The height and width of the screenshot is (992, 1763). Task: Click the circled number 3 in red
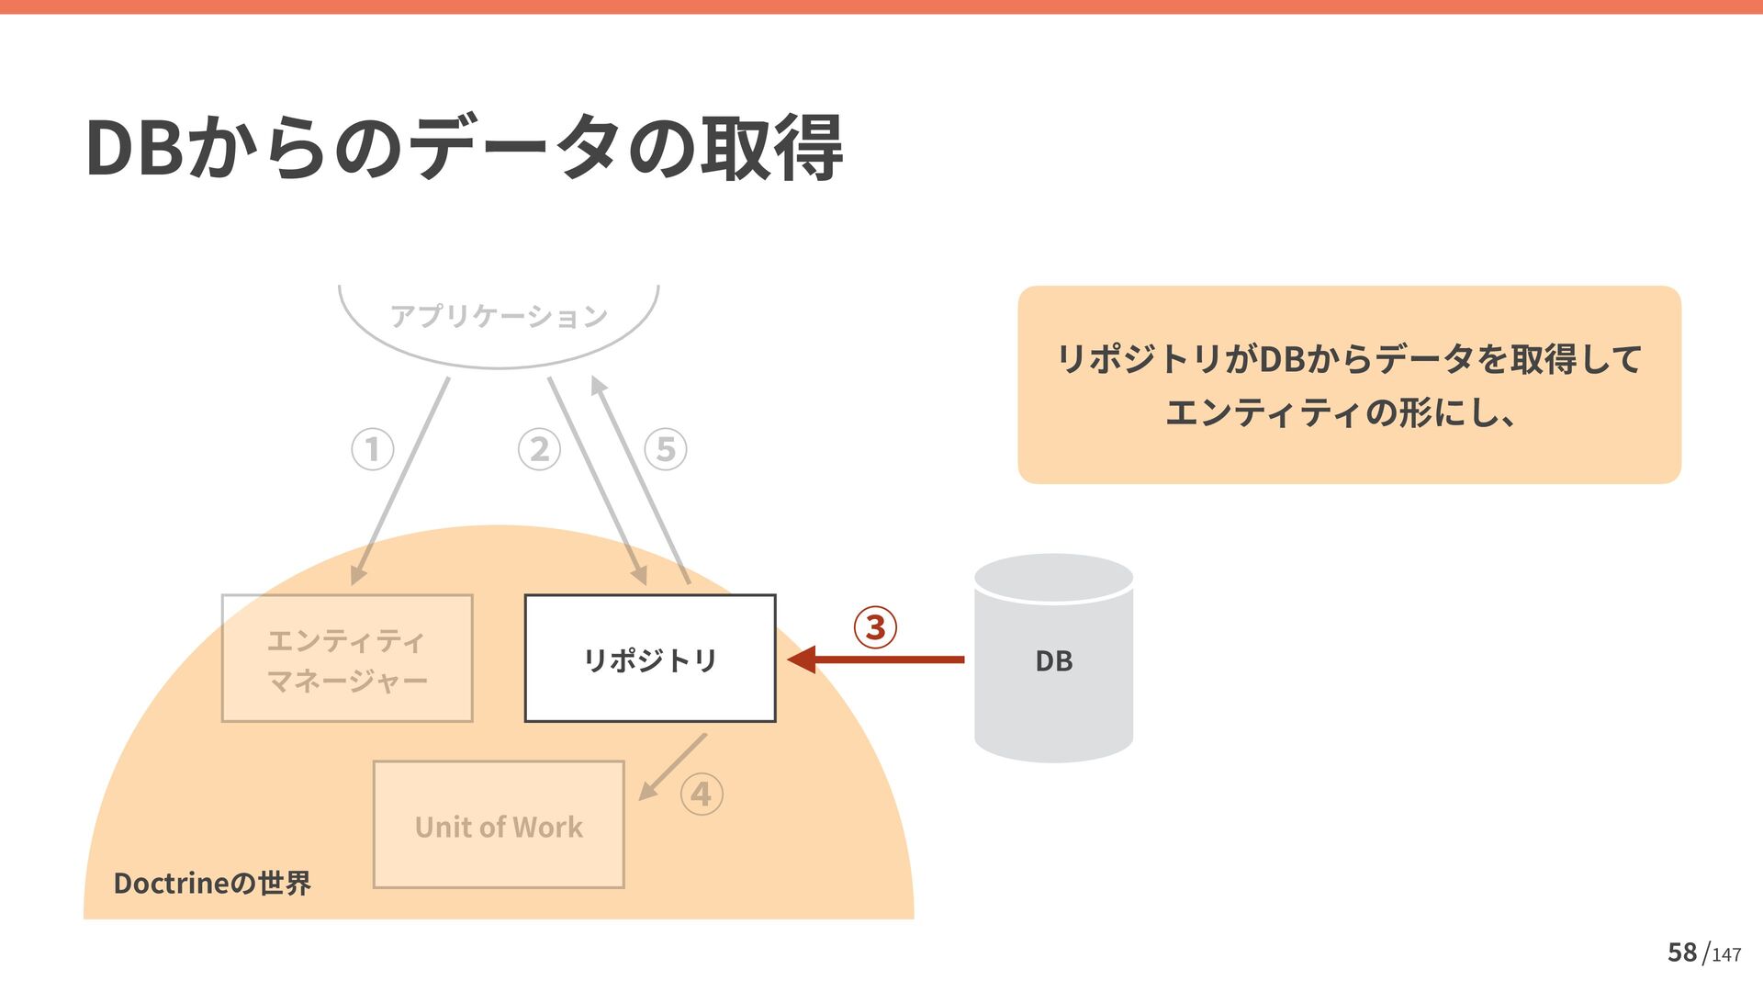[875, 627]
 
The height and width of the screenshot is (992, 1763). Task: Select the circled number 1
[373, 450]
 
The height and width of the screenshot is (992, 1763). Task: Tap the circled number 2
[539, 450]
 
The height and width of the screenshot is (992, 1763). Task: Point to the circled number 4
[702, 795]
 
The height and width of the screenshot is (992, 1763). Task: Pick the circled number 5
[666, 450]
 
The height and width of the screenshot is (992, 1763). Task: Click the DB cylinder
[1053, 658]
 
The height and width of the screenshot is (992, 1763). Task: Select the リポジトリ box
[650, 659]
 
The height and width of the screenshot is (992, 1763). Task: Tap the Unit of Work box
[499, 825]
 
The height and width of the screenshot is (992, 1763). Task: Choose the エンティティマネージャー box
[347, 659]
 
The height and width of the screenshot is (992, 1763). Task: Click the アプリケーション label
[499, 317]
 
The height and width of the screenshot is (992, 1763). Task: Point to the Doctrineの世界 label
[212, 884]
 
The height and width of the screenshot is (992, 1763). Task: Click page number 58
[1682, 953]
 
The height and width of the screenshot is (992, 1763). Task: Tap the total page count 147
[1726, 955]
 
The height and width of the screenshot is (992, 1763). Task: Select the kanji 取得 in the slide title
[771, 149]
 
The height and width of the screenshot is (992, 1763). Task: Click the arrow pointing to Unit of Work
[672, 767]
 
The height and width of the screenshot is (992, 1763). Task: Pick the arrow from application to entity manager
[400, 480]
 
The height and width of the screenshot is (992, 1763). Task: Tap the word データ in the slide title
[514, 149]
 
